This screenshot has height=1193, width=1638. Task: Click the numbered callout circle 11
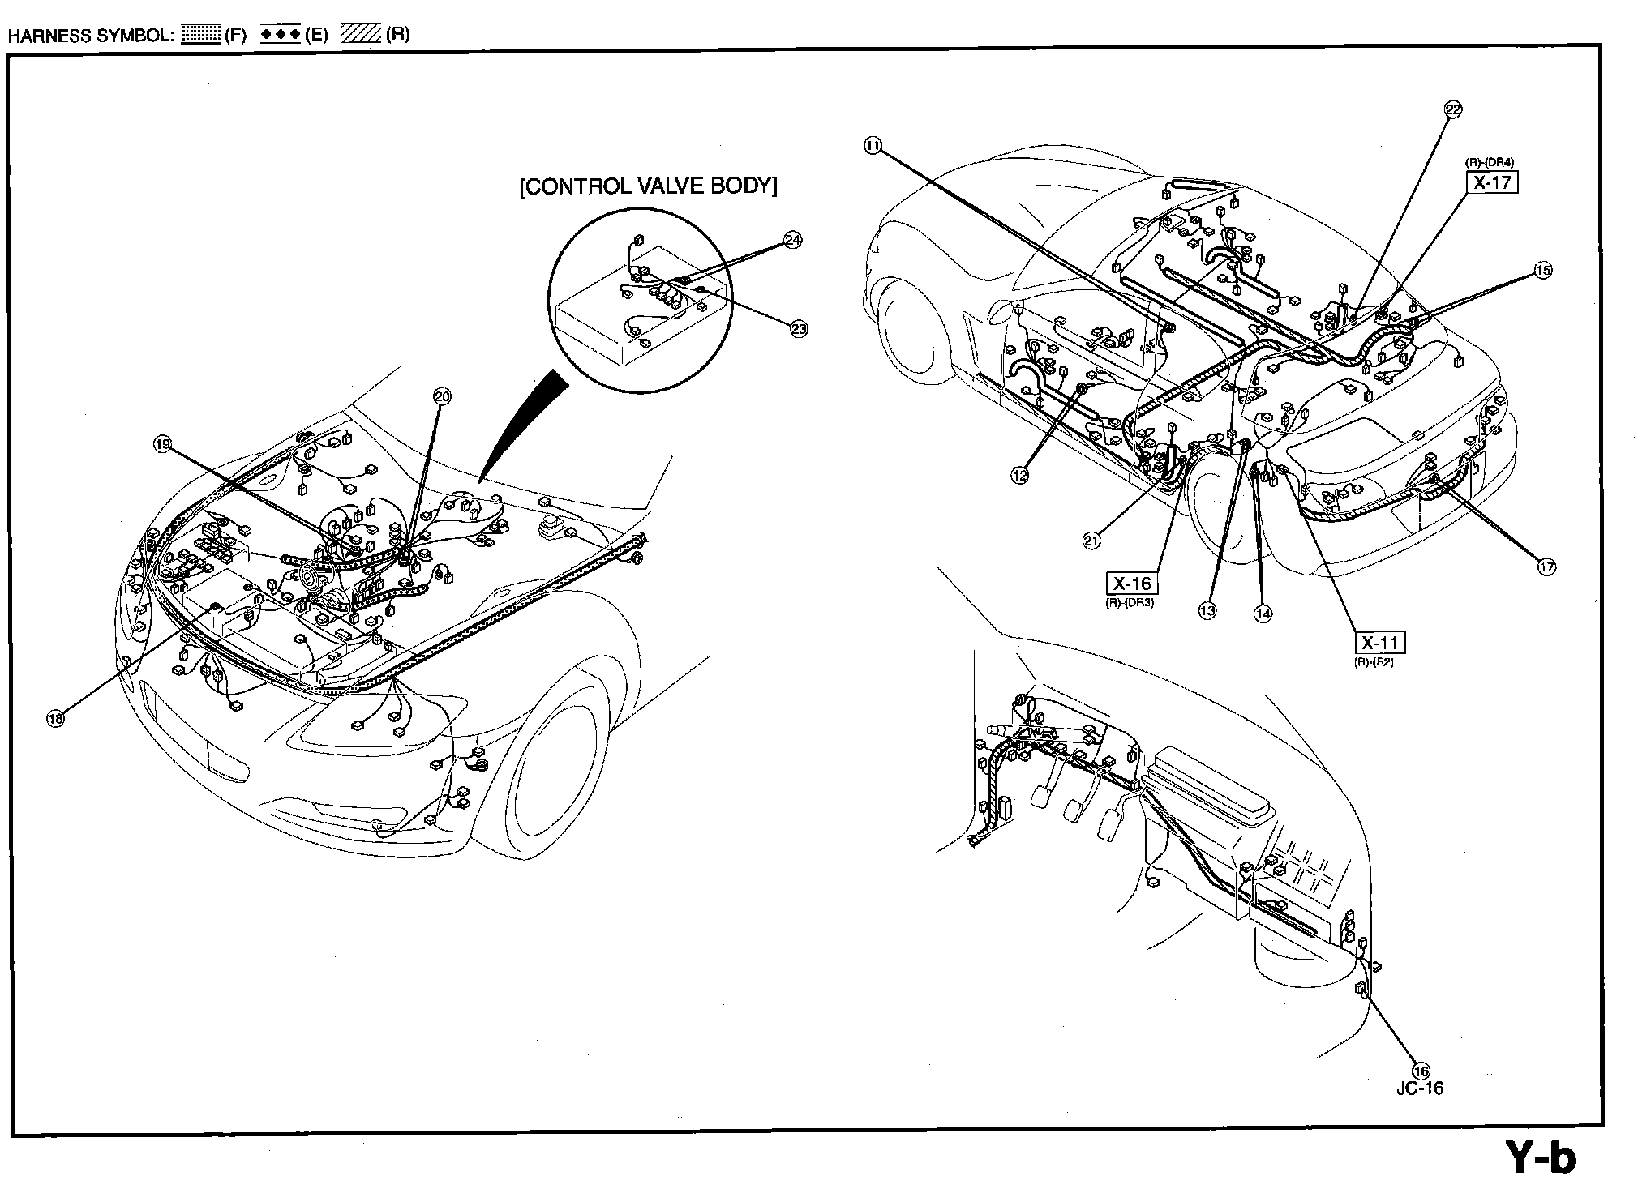[x=872, y=146]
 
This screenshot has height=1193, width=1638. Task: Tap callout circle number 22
[x=1452, y=110]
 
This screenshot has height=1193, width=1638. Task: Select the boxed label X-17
[x=1492, y=182]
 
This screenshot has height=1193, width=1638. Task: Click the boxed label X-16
[x=1131, y=584]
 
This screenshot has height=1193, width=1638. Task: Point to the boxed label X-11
[x=1379, y=644]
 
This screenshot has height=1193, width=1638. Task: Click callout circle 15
[x=1542, y=271]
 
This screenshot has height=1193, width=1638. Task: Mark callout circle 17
[x=1546, y=567]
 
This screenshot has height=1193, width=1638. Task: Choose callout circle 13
[x=1207, y=610]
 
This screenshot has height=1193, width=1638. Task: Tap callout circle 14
[x=1263, y=614]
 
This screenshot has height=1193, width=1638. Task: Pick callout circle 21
[x=1091, y=541]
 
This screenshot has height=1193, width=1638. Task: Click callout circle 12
[x=1019, y=476]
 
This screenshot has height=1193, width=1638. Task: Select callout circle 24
[x=792, y=240]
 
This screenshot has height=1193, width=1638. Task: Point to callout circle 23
[x=799, y=328]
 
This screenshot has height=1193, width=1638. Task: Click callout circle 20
[x=442, y=396]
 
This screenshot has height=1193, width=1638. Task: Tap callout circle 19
[x=162, y=444]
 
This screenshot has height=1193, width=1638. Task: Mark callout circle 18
[x=55, y=718]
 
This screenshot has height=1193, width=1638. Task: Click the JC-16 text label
[x=1420, y=1088]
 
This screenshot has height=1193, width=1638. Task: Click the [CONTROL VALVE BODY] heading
[x=648, y=186]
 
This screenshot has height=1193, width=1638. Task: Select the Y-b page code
[x=1540, y=1157]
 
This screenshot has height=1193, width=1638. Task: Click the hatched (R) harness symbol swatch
[x=361, y=35]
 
